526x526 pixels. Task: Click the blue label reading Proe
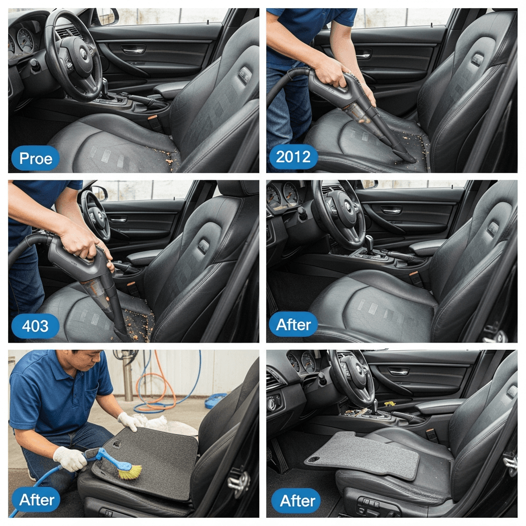(35, 158)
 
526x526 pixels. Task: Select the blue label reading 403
(35, 326)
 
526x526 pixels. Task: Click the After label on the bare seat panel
(293, 325)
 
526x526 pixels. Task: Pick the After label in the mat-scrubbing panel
(36, 499)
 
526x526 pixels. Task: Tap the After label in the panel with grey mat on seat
(296, 501)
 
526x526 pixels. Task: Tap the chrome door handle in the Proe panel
(133, 51)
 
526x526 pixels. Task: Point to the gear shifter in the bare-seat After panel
(369, 242)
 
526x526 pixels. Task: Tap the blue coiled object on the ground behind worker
(215, 400)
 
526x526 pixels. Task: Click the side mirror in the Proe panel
(108, 16)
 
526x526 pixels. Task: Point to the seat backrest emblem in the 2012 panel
(478, 60)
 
